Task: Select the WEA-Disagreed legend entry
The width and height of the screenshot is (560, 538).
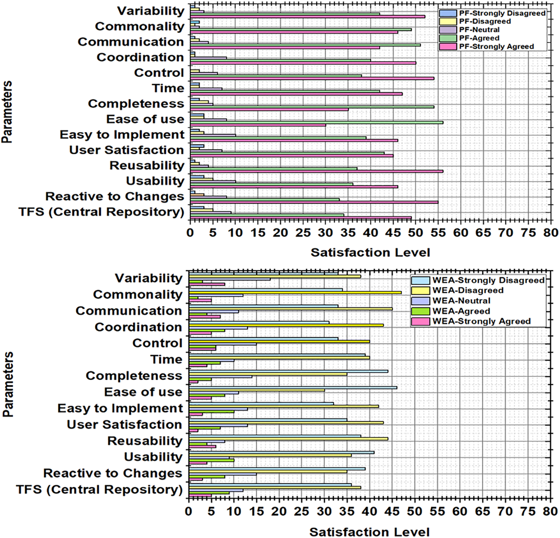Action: click(468, 291)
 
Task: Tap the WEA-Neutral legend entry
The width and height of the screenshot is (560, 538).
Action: click(461, 301)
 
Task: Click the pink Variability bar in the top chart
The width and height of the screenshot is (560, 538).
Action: click(307, 16)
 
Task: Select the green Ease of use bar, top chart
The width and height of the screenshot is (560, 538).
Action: click(316, 122)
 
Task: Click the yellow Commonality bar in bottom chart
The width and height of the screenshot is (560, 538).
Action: click(295, 293)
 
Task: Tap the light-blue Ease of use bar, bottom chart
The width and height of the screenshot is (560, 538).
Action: click(293, 387)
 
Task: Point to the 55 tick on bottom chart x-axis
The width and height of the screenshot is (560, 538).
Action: click(437, 511)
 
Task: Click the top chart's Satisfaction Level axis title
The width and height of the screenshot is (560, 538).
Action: click(370, 253)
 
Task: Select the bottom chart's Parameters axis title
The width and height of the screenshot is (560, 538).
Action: click(8, 385)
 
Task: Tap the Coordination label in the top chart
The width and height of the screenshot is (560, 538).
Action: click(140, 57)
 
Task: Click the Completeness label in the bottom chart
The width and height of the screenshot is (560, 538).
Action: click(134, 376)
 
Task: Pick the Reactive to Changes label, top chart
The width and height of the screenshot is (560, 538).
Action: click(115, 196)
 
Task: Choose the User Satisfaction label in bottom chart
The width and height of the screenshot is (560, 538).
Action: click(124, 425)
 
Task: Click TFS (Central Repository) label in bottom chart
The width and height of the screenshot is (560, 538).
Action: click(99, 489)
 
